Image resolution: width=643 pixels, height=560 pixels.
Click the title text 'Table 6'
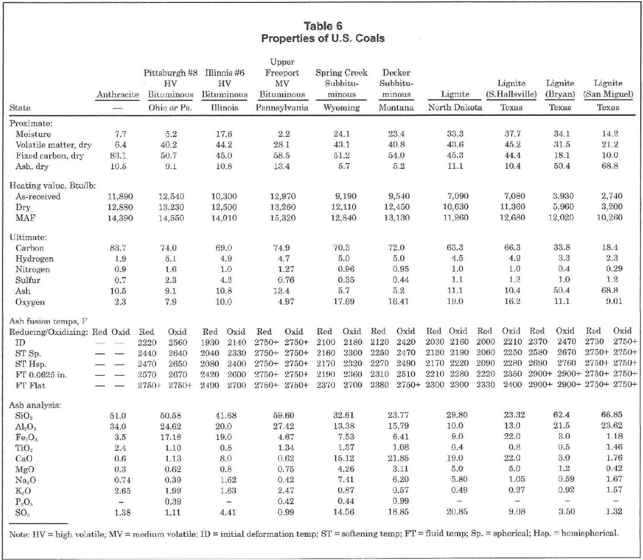(322, 26)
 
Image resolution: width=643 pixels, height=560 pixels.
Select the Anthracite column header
(117, 95)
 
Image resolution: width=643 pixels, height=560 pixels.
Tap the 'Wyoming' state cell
(341, 108)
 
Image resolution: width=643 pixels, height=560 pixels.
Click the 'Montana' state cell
(396, 108)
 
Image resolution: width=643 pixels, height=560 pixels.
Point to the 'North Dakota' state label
(455, 108)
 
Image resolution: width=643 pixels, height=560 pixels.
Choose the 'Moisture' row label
(33, 134)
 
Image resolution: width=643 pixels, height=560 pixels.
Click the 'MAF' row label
(25, 218)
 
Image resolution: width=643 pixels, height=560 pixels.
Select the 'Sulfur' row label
(28, 280)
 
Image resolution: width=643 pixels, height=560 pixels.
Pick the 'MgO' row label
(25, 469)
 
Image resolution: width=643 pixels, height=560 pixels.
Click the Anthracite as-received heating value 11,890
(120, 196)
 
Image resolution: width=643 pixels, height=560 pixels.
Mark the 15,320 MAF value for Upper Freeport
(282, 218)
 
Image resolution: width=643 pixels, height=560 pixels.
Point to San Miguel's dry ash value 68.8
(610, 166)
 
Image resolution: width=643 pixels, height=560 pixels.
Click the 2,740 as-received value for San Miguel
(612, 196)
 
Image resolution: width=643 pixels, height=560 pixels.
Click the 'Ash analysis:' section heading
(35, 405)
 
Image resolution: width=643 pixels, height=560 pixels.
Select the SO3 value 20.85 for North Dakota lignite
(456, 512)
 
